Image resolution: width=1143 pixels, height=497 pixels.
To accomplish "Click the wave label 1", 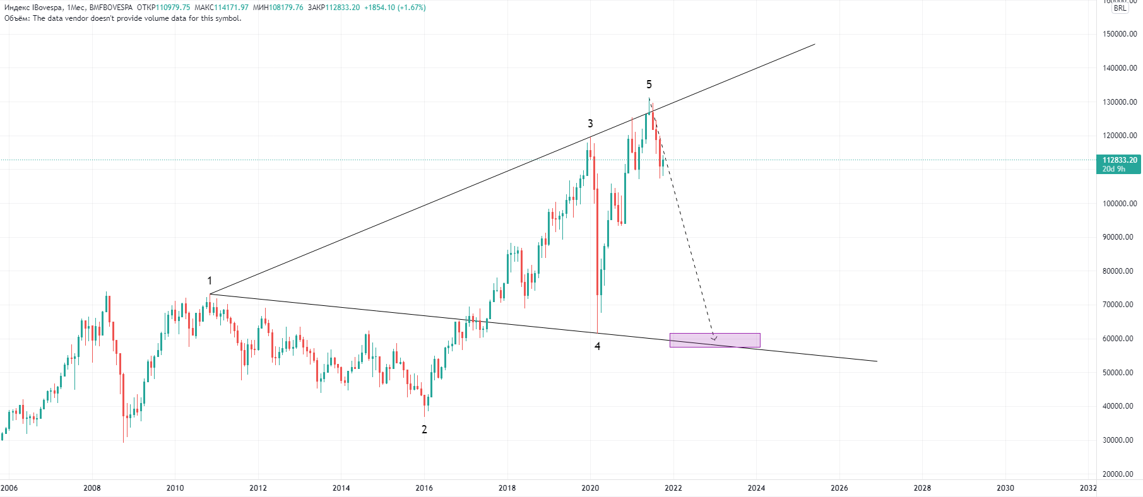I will (x=210, y=281).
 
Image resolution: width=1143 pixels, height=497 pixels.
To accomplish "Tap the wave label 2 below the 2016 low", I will (x=424, y=430).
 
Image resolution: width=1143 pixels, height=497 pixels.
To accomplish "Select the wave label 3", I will (x=590, y=124).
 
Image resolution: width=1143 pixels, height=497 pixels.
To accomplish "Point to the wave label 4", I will (x=597, y=346).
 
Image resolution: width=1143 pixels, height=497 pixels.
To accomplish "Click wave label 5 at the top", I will (x=649, y=85).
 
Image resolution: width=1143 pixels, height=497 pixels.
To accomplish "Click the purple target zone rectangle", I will (x=714, y=341).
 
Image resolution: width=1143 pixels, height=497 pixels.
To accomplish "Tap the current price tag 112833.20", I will (x=1120, y=160).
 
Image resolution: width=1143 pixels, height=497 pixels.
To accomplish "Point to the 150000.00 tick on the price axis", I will (x=1120, y=34).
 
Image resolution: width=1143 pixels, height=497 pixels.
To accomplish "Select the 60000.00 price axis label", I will (x=1118, y=339).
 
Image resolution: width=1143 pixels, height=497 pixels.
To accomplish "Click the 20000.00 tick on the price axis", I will (x=1118, y=474).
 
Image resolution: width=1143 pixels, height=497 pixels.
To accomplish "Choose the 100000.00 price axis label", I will (x=1120, y=204).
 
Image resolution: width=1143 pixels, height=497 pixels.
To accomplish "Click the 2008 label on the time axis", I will (x=92, y=488).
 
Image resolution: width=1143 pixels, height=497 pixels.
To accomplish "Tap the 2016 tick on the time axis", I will (x=424, y=488).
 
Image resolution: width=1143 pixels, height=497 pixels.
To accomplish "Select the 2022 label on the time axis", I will (x=673, y=488).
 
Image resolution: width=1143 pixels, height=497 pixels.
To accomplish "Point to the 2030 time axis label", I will (x=1005, y=488).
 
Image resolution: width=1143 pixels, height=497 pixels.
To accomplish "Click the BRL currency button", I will (x=1120, y=8).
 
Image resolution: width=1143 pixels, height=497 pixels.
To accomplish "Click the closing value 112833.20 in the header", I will (x=342, y=8).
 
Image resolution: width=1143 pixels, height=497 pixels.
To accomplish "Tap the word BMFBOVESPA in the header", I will (x=111, y=8).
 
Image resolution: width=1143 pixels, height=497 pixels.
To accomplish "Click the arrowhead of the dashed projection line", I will (x=714, y=338).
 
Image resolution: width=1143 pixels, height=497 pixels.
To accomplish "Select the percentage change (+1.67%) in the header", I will (x=412, y=8).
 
